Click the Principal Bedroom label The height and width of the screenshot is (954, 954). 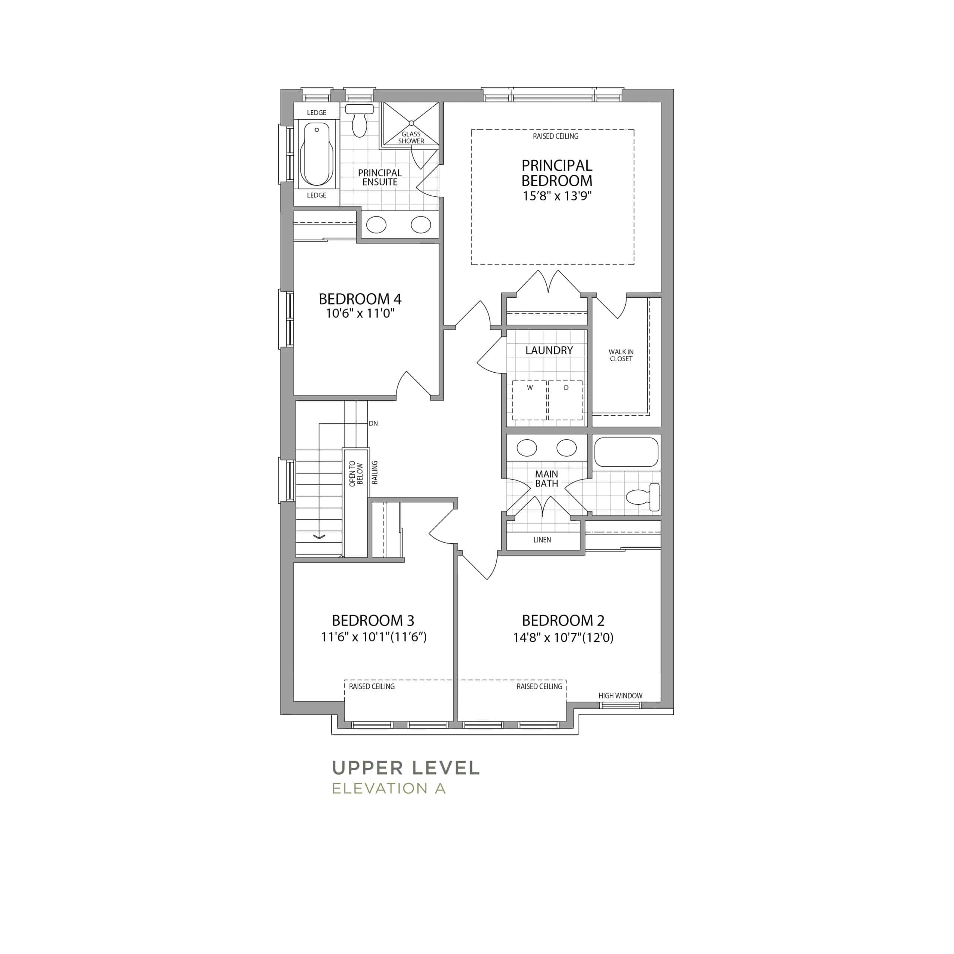pyautogui.click(x=556, y=173)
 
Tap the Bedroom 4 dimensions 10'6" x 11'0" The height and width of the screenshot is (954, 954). pyautogui.click(x=360, y=313)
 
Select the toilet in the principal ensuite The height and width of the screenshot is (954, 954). pyautogui.click(x=360, y=120)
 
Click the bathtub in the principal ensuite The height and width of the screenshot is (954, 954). pyautogui.click(x=316, y=154)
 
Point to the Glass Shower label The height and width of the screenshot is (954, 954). pyautogui.click(x=411, y=137)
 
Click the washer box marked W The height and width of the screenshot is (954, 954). pyautogui.click(x=529, y=400)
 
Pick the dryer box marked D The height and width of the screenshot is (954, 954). pyautogui.click(x=565, y=400)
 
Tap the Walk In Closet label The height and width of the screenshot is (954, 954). pyautogui.click(x=621, y=356)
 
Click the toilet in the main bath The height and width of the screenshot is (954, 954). pyautogui.click(x=643, y=497)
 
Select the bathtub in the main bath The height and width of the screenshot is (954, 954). pyautogui.click(x=626, y=452)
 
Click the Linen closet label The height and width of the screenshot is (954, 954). pyautogui.click(x=542, y=540)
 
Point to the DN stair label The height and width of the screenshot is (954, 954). pyautogui.click(x=373, y=424)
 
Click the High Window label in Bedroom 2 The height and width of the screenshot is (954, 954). pyautogui.click(x=620, y=696)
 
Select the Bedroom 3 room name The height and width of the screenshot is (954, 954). pyautogui.click(x=373, y=620)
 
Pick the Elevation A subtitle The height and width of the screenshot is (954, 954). pyautogui.click(x=389, y=788)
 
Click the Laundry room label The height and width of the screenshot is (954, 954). pyautogui.click(x=549, y=350)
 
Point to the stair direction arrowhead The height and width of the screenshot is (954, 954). pyautogui.click(x=319, y=536)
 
